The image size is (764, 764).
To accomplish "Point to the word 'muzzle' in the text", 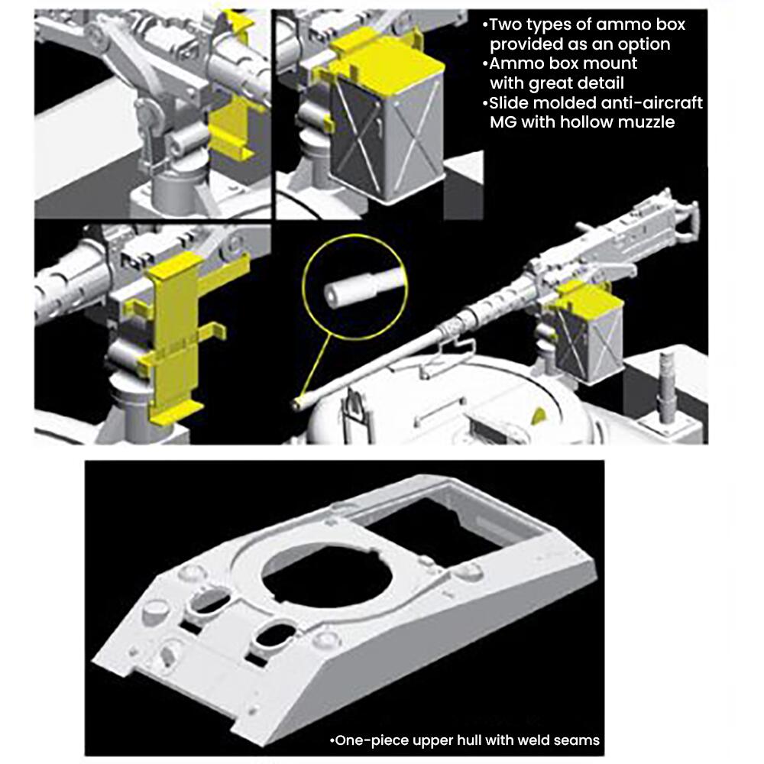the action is click(x=646, y=121).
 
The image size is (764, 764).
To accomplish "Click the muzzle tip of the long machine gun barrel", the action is click(x=296, y=404).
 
